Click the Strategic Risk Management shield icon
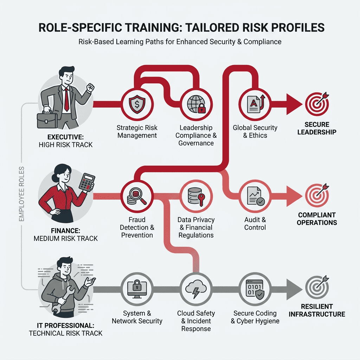click(x=137, y=104)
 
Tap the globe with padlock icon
click(x=196, y=104)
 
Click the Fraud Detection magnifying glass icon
click(x=137, y=196)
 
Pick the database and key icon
click(x=196, y=196)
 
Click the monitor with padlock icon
click(x=137, y=289)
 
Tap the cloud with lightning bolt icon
click(x=196, y=289)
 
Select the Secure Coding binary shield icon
click(x=255, y=289)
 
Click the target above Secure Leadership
click(x=317, y=104)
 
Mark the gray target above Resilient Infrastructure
click(x=317, y=288)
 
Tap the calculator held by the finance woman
click(x=87, y=182)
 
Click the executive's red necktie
click(x=66, y=100)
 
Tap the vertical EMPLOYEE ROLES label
click(x=21, y=194)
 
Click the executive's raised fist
click(x=91, y=88)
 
